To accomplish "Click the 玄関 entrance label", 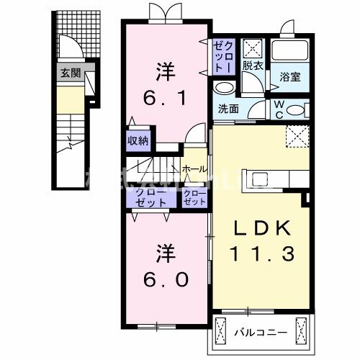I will [x=71, y=73].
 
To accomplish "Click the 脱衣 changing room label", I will [x=252, y=66].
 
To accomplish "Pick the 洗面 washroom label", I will [x=228, y=109].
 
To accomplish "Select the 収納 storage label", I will [x=139, y=141].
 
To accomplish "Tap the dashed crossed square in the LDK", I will [x=296, y=136].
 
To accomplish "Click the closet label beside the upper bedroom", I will [x=222, y=55].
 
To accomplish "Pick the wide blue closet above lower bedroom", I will [x=150, y=198].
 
